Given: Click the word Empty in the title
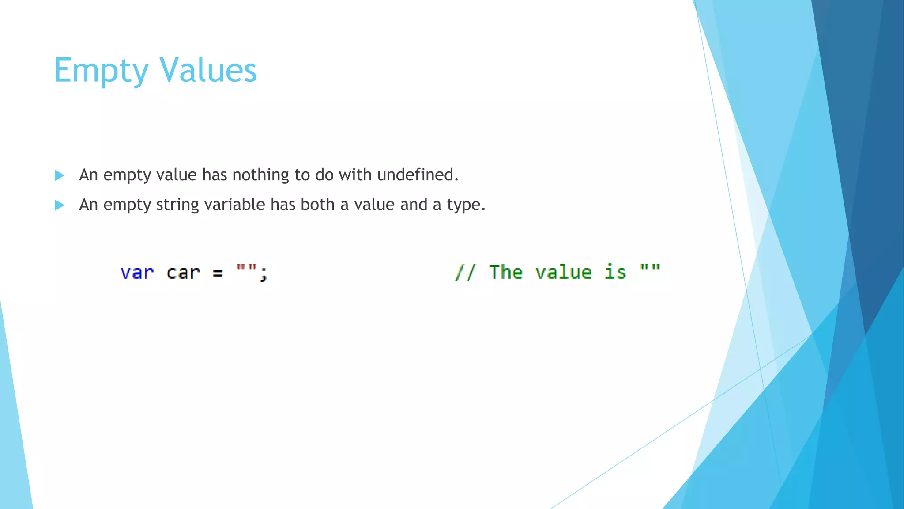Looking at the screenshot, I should [101, 71].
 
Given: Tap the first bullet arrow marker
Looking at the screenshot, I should [59, 175].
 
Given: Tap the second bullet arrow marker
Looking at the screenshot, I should [59, 205].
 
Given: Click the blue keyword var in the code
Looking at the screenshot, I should [137, 273].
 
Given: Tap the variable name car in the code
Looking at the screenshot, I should [183, 273].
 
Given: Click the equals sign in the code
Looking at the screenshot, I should [218, 273].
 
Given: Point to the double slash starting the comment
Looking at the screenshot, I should [465, 272].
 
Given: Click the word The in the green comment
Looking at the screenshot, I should [506, 272].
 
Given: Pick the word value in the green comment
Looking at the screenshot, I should [563, 272].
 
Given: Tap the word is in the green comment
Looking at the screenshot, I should [615, 272].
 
